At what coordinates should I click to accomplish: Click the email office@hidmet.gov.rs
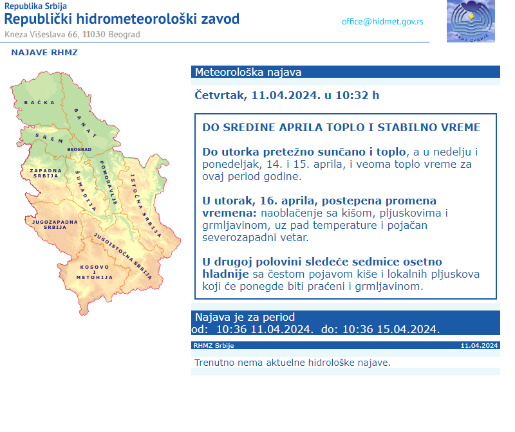pyautogui.click(x=382, y=21)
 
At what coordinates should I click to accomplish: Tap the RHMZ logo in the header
pyautogui.click(x=471, y=21)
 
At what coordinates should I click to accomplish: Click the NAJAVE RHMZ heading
pyautogui.click(x=44, y=53)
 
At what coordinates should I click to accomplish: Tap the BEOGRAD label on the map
pyautogui.click(x=79, y=149)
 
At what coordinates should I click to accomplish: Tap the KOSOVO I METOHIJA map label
pyautogui.click(x=95, y=272)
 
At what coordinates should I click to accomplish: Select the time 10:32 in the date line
pyautogui.click(x=353, y=95)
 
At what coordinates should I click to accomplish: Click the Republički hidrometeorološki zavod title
pyautogui.click(x=122, y=19)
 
